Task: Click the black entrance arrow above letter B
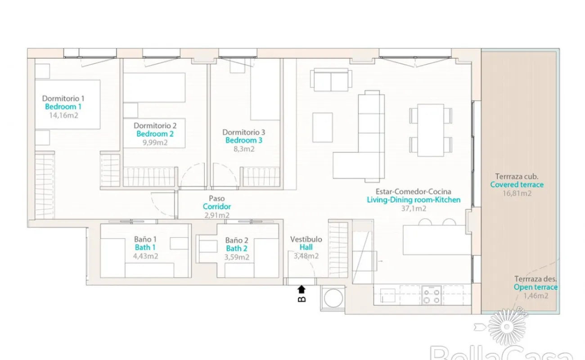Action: tap(301, 289)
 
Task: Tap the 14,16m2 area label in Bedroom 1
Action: tap(64, 116)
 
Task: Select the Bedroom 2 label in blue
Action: tap(155, 134)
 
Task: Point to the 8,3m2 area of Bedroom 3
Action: tap(243, 149)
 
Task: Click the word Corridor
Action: tap(217, 207)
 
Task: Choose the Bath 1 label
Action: tap(145, 247)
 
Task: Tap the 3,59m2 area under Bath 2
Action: tap(237, 257)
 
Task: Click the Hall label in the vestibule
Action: tap(306, 247)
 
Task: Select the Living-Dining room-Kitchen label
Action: tap(414, 200)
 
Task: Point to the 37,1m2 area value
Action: tap(414, 208)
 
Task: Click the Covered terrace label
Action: tap(517, 184)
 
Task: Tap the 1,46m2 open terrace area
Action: tap(535, 296)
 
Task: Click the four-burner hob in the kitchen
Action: tap(432, 295)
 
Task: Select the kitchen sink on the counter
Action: tap(387, 295)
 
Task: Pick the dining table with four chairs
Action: tap(431, 130)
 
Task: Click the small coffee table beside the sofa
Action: tap(323, 127)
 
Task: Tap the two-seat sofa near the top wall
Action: tap(331, 80)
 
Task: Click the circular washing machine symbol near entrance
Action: tap(333, 298)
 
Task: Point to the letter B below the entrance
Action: tap(301, 299)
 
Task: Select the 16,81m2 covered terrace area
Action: tap(517, 193)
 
